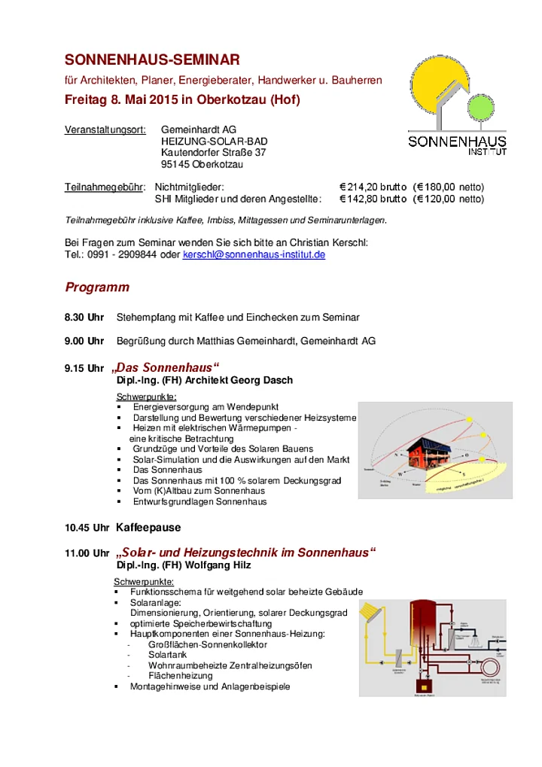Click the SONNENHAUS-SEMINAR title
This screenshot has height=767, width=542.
[x=152, y=59]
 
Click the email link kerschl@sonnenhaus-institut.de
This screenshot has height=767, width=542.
[x=254, y=255]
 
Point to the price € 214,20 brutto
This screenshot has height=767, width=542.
[x=373, y=187]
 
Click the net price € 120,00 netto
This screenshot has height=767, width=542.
[x=449, y=199]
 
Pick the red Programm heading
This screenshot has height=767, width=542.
[x=97, y=288]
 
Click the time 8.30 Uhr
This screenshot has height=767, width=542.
[x=84, y=318]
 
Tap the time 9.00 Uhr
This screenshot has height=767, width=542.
[x=84, y=341]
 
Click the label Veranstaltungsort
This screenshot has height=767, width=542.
[x=105, y=130]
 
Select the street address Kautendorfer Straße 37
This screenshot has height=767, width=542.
[x=214, y=153]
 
